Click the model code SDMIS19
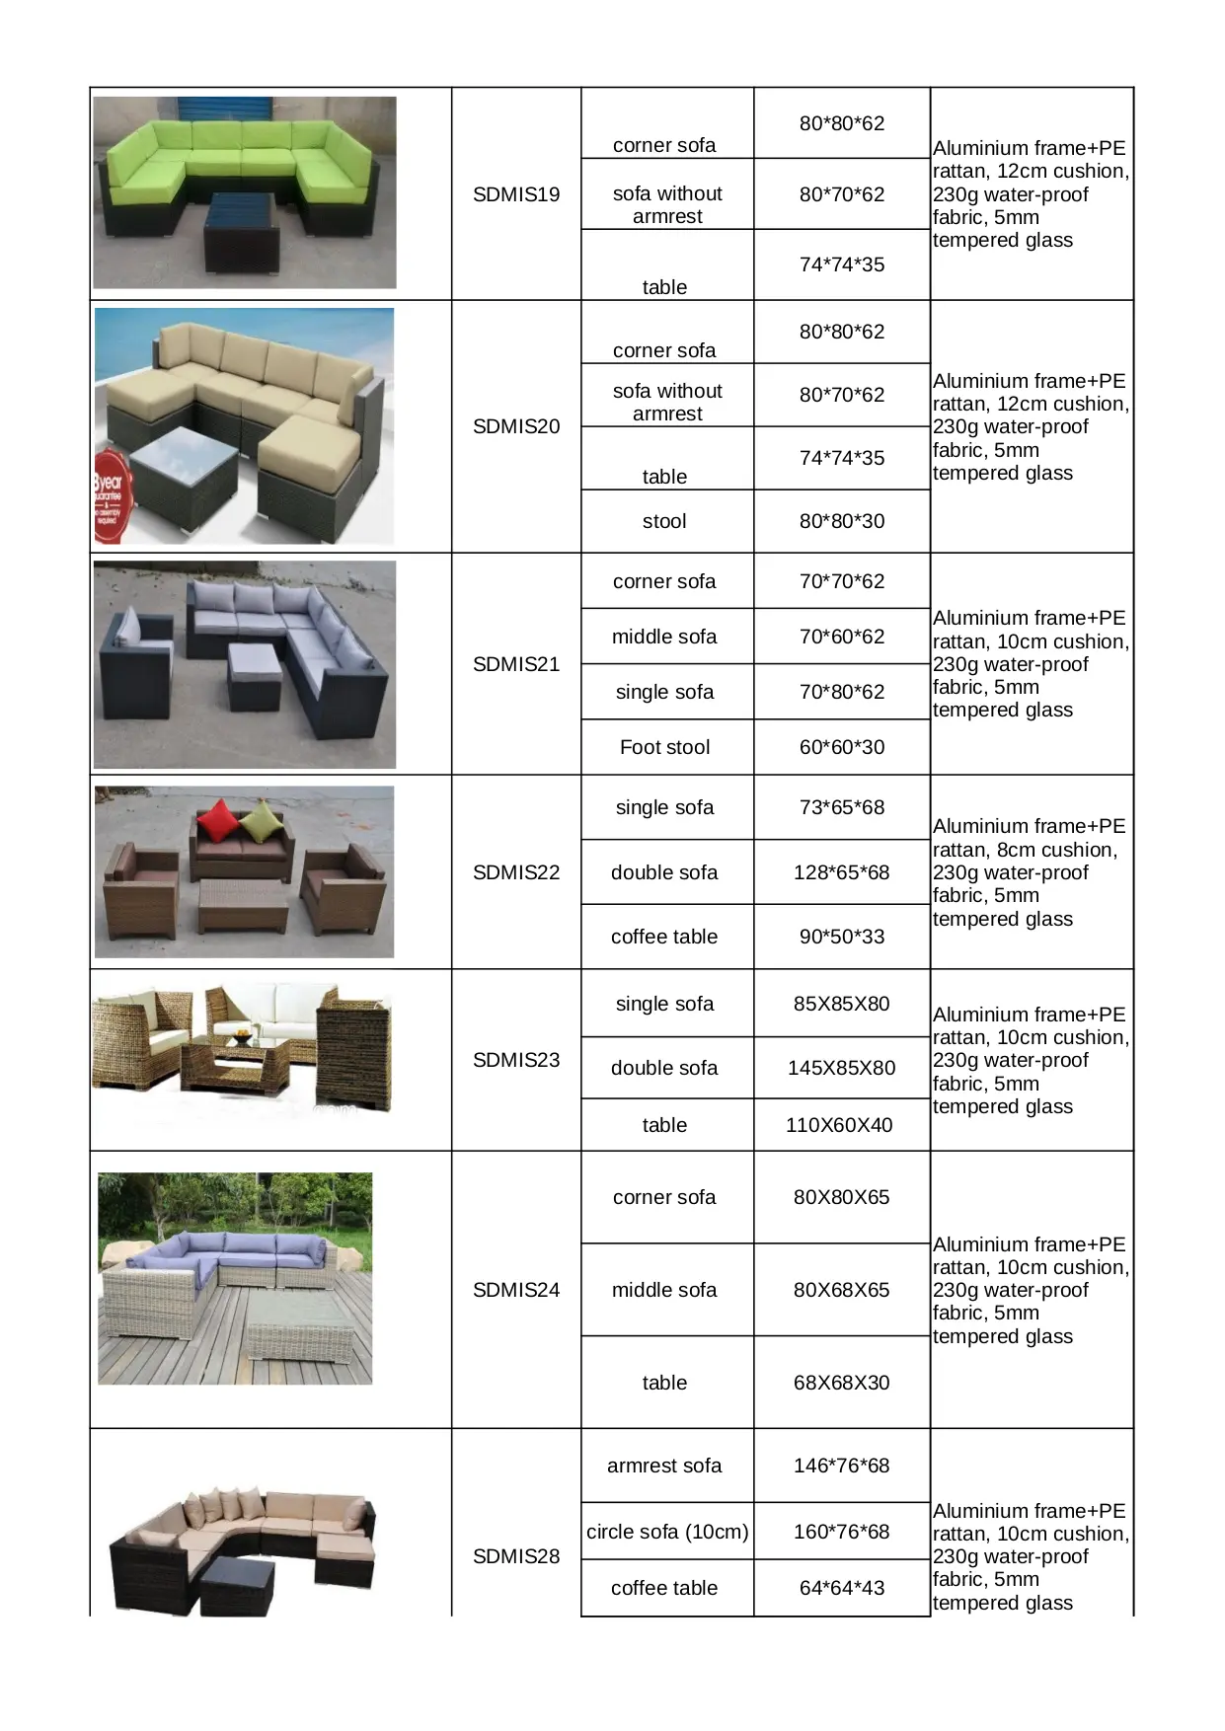pos(516,194)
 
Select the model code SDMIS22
pos(516,872)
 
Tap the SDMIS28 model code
pos(516,1556)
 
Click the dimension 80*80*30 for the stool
pos(842,521)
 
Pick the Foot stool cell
pos(664,747)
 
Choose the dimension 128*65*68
pos(842,872)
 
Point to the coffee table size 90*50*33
pos(842,937)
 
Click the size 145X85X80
pos(842,1068)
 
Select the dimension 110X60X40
pos(839,1125)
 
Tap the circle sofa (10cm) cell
pos(667,1532)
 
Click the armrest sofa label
pos(664,1466)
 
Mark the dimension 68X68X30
pos(842,1383)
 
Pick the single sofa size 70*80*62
pos(842,692)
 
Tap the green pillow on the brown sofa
pos(262,821)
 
